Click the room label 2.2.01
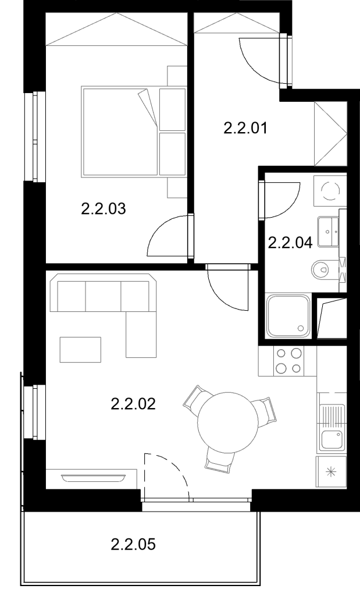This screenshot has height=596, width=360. [245, 128]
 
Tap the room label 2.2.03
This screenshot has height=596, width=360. [104, 209]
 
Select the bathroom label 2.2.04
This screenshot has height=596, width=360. [291, 242]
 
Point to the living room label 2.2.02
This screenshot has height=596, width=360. [133, 404]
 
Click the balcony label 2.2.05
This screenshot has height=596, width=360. [133, 544]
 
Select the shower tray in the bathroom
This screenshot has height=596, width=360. [288, 315]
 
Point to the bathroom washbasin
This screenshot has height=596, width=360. [328, 232]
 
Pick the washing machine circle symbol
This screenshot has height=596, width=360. [330, 190]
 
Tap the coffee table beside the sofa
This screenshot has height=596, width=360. [80, 349]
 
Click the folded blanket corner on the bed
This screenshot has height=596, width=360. [148, 108]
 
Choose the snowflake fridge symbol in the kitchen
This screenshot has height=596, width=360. [332, 472]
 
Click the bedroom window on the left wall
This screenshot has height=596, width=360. [35, 136]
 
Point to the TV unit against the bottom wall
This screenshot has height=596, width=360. [91, 478]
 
